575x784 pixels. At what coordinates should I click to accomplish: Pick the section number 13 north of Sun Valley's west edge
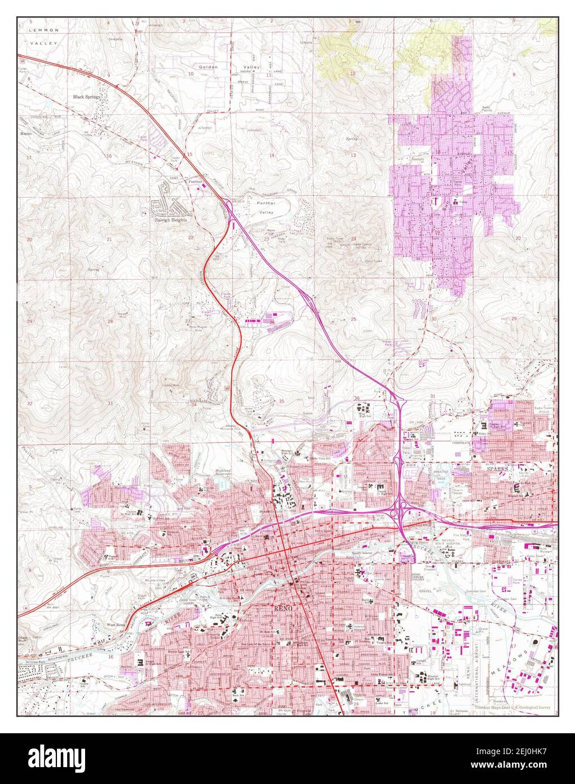pos(353,155)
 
